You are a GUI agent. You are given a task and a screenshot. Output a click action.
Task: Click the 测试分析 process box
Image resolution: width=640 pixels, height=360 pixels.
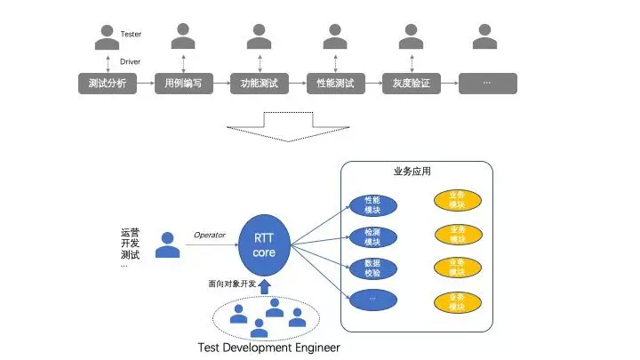click(x=107, y=84)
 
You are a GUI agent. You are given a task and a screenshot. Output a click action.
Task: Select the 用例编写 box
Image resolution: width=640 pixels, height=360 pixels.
click(x=183, y=84)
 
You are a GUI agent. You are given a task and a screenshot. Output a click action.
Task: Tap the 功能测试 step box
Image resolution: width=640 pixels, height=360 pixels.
click(x=260, y=84)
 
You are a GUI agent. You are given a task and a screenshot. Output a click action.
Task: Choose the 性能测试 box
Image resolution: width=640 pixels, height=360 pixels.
click(x=335, y=84)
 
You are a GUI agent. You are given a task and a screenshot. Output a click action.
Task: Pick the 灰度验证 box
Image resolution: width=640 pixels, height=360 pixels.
click(x=412, y=84)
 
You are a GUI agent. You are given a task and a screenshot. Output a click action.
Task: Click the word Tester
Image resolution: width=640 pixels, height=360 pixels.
click(x=131, y=34)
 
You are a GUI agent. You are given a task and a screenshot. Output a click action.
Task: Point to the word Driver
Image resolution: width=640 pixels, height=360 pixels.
click(x=131, y=62)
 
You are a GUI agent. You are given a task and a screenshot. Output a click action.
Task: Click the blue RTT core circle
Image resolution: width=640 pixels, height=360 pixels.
click(x=265, y=245)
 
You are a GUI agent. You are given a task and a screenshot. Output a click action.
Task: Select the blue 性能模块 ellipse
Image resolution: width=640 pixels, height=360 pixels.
click(x=372, y=206)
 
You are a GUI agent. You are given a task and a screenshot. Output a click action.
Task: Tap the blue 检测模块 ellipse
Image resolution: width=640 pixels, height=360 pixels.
click(x=372, y=236)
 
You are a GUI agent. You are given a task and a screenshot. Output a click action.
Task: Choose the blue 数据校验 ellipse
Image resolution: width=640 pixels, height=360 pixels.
click(x=372, y=268)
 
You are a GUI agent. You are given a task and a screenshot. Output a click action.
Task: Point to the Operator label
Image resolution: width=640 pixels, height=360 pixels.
click(x=210, y=235)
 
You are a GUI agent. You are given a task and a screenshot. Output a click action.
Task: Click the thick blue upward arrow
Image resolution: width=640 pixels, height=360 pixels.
click(x=265, y=286)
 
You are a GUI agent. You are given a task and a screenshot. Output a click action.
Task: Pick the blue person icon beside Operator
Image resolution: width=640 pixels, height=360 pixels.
click(x=165, y=245)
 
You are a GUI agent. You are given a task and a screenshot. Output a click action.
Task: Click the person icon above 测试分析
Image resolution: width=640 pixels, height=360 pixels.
click(x=107, y=36)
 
